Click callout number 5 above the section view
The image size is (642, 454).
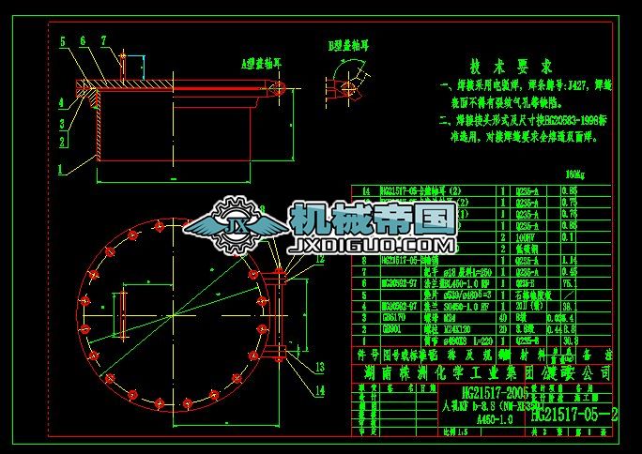[62, 42]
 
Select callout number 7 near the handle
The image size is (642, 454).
[103, 41]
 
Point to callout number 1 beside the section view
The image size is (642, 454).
[60, 170]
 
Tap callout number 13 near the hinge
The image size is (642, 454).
[321, 366]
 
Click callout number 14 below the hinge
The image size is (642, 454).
[321, 388]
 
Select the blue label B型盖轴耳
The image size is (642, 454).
[345, 45]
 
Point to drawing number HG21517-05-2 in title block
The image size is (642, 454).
[574, 413]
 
